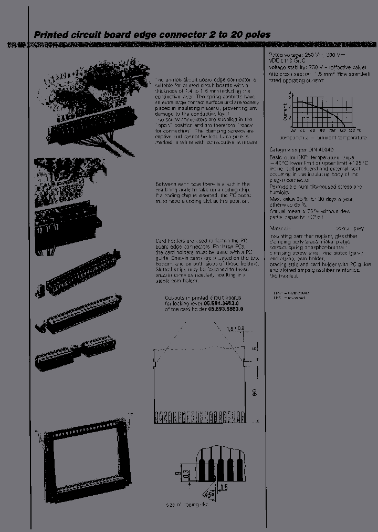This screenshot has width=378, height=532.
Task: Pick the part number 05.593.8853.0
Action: [x=226, y=309]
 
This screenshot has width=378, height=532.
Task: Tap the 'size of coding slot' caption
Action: [x=187, y=505]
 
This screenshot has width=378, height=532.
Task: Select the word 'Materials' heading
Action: [x=280, y=229]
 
